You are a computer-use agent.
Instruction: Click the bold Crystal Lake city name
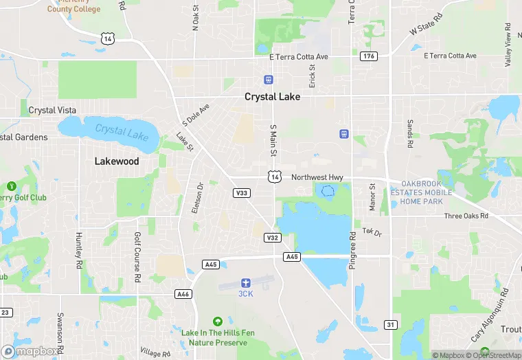click(272, 97)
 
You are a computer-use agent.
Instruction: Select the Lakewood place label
click(116, 161)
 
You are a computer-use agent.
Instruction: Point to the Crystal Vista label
click(52, 110)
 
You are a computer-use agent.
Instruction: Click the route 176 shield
click(369, 56)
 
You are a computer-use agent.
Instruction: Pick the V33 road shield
click(241, 193)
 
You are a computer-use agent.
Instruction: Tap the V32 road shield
click(272, 238)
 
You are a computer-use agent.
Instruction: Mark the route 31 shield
click(390, 324)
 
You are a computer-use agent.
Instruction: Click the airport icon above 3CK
click(245, 282)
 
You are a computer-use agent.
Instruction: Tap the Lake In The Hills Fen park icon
click(218, 321)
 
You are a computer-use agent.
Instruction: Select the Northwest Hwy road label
click(317, 177)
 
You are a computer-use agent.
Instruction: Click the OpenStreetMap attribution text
click(496, 355)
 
